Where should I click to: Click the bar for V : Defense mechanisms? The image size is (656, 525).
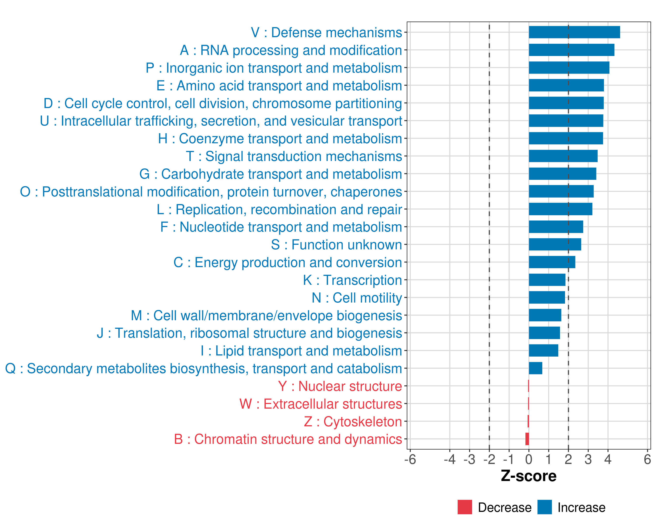point(574,32)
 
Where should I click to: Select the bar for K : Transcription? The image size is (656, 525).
point(547,280)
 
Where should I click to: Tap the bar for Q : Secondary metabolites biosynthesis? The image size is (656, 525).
point(535,368)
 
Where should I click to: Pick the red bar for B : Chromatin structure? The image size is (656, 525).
point(527,439)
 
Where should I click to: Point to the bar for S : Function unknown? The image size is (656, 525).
point(555,244)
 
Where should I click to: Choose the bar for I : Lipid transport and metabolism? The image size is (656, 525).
point(543,351)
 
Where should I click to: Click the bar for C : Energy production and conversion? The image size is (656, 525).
point(552,262)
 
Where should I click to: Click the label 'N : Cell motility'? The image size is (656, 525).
point(357,298)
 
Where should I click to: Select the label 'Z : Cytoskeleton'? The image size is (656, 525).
point(353,422)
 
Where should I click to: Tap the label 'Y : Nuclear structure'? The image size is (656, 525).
point(340,387)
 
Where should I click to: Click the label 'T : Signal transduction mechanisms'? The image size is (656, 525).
point(294,156)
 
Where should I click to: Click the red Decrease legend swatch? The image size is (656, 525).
point(465,507)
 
